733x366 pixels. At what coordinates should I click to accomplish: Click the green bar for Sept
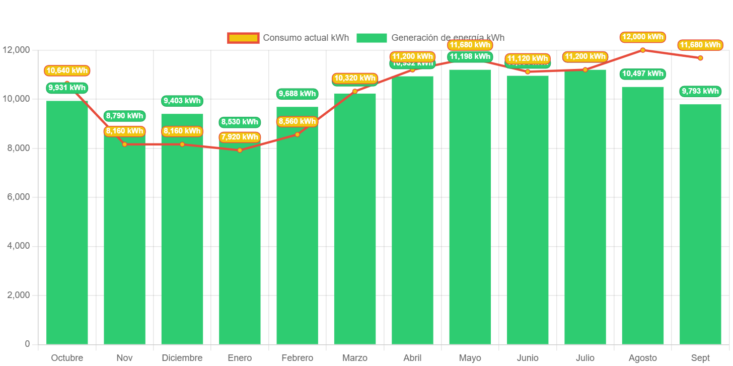(700, 227)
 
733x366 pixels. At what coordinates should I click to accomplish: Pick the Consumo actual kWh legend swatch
(243, 38)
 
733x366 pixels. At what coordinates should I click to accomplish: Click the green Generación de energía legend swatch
(372, 38)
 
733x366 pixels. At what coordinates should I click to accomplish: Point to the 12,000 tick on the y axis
(16, 50)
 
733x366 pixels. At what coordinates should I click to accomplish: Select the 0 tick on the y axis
(27, 344)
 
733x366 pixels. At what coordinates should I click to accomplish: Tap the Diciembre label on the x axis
(182, 358)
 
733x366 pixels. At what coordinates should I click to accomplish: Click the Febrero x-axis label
(297, 358)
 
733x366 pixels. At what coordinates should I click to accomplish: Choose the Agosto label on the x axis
(642, 358)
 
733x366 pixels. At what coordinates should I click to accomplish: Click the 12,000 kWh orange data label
(642, 37)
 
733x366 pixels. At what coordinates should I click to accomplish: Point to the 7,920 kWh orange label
(240, 137)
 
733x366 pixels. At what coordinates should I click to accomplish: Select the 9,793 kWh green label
(700, 91)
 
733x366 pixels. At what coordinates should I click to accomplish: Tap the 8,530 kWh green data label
(240, 122)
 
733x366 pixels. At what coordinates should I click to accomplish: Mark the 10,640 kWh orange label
(67, 70)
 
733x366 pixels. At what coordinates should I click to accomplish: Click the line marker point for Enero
(240, 150)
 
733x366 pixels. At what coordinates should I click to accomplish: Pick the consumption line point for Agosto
(642, 50)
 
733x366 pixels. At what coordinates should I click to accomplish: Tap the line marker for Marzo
(354, 91)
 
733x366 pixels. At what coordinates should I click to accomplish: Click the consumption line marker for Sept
(700, 58)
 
